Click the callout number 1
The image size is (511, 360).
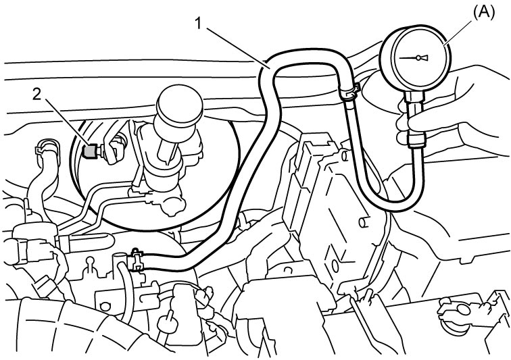coord(199,24)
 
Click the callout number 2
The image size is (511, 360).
coord(36,95)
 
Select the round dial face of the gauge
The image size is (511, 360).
coord(416,59)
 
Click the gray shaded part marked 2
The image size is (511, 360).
coord(89,151)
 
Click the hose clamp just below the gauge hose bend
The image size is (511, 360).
coord(349,93)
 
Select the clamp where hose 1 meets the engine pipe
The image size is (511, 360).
coord(137,259)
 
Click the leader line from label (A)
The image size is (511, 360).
coord(459,32)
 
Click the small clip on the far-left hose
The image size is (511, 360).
coord(40,151)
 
